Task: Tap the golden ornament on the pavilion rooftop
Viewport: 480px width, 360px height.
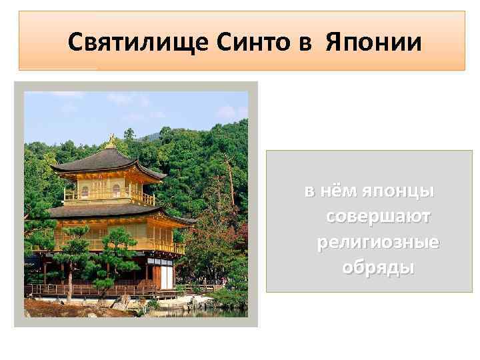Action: tap(110, 141)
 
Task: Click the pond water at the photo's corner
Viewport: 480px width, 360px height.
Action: tap(230, 313)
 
